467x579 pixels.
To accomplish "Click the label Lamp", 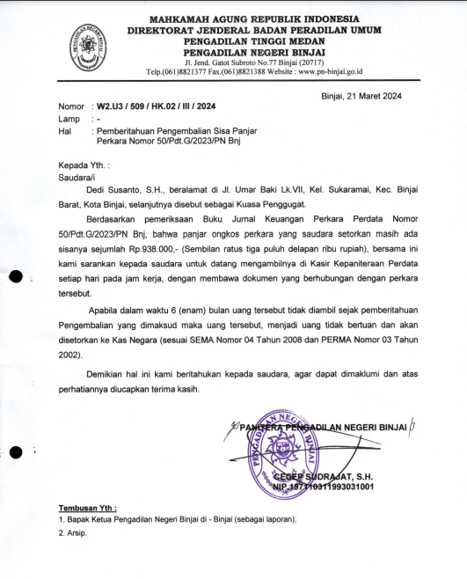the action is pos(69,118).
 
